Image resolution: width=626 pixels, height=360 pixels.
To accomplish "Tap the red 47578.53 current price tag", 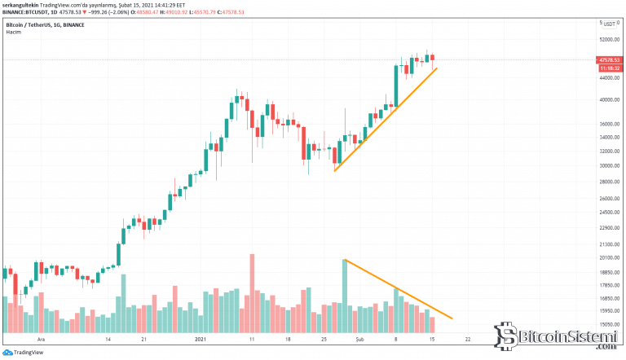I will [609, 59].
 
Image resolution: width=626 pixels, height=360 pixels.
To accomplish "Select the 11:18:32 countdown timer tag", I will [609, 68].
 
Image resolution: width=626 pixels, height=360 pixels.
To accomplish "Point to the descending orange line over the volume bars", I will [399, 290].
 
